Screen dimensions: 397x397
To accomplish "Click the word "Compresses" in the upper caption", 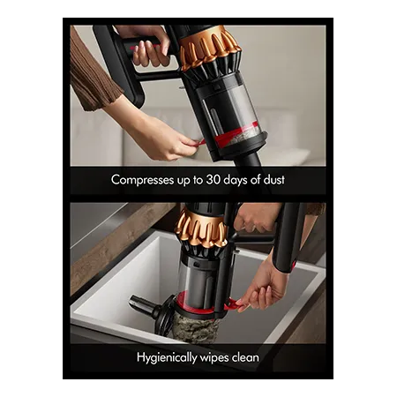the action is pyautogui.click(x=142, y=180).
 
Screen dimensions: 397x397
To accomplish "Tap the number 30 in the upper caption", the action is pyautogui.click(x=213, y=179).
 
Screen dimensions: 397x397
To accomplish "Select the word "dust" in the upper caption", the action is pyautogui.click(x=273, y=179).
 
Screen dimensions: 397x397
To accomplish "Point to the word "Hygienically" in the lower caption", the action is pyautogui.click(x=167, y=358).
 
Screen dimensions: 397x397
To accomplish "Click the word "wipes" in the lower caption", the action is pyautogui.click(x=214, y=358).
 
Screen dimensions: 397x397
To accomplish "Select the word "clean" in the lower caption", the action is pyautogui.click(x=245, y=357).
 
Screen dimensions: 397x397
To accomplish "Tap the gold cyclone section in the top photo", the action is pyautogui.click(x=209, y=46).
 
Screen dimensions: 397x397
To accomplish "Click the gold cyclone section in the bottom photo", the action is pyautogui.click(x=200, y=228).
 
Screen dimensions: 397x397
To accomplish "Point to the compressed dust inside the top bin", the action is pyautogui.click(x=245, y=136).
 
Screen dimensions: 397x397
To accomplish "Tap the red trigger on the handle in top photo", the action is pyautogui.click(x=141, y=48).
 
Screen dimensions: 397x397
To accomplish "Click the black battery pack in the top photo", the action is pyautogui.click(x=121, y=64).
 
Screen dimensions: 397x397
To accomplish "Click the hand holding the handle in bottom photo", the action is pyautogui.click(x=256, y=217).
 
